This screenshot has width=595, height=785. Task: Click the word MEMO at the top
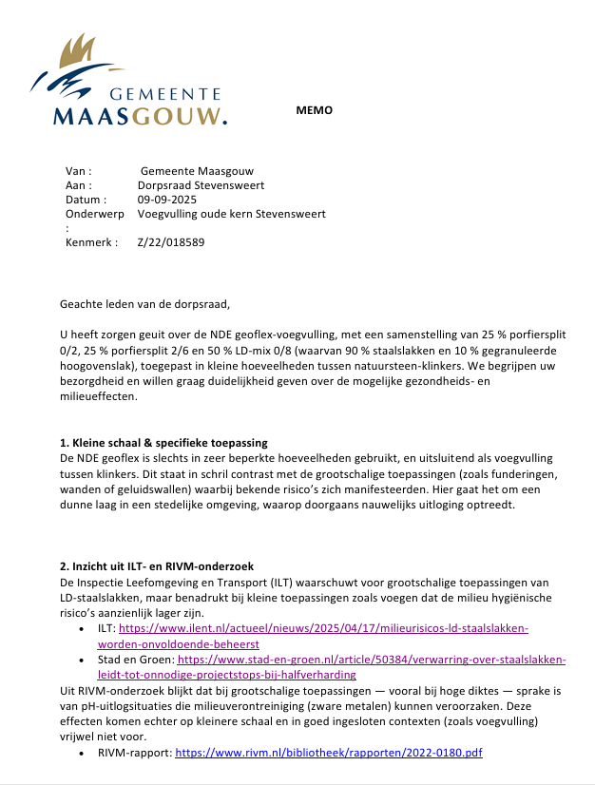tap(315, 110)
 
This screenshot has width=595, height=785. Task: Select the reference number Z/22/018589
tap(170, 242)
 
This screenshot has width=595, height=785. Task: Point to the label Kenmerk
tap(91, 242)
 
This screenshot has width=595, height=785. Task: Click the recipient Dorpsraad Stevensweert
tap(201, 185)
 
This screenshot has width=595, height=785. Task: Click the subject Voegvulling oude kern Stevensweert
tap(231, 214)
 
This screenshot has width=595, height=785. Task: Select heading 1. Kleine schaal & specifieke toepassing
tap(163, 444)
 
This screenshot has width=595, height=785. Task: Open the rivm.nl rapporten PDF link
tap(329, 752)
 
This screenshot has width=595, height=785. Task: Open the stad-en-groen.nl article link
tap(371, 659)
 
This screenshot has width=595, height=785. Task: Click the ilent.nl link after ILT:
tap(323, 628)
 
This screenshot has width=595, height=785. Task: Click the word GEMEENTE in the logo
tap(165, 94)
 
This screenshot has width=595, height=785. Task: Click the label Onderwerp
tap(94, 214)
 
